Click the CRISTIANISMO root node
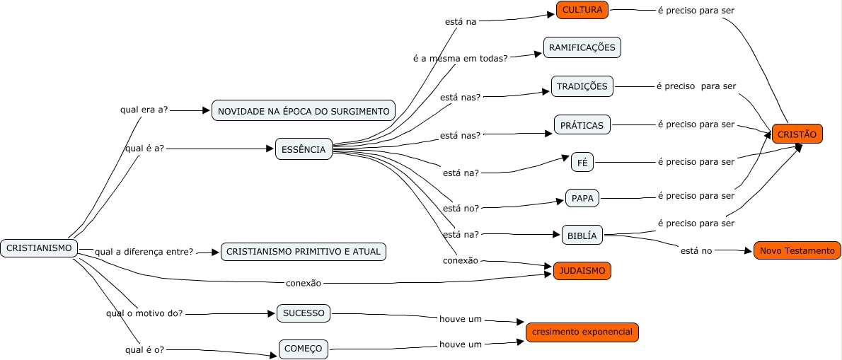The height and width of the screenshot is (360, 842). point(39,248)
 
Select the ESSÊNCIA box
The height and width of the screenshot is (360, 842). point(304,149)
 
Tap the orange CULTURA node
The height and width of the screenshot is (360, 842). point(582,10)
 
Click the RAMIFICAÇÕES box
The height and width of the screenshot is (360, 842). point(582,47)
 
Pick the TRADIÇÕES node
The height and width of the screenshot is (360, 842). point(582,86)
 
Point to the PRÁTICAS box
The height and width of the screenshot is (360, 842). point(582,125)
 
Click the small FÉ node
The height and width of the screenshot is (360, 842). point(582,162)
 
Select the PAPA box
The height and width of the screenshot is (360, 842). point(582,199)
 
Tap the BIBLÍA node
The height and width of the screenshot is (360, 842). point(582,236)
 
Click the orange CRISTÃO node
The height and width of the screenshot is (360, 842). point(797,134)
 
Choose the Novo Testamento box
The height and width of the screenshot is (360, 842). point(797,250)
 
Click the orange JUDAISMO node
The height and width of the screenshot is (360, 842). point(582,271)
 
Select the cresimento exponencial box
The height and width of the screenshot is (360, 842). point(582,332)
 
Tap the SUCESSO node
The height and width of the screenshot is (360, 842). point(304,313)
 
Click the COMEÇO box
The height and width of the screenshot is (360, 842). point(304,348)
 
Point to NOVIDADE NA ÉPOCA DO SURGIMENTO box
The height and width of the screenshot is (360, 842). point(304,111)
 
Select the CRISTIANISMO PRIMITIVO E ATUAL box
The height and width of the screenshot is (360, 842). point(304,251)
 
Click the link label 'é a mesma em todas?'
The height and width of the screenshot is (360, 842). point(460,58)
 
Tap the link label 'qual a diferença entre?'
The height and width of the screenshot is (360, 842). point(144,252)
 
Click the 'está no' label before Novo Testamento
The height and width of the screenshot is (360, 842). point(696,251)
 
